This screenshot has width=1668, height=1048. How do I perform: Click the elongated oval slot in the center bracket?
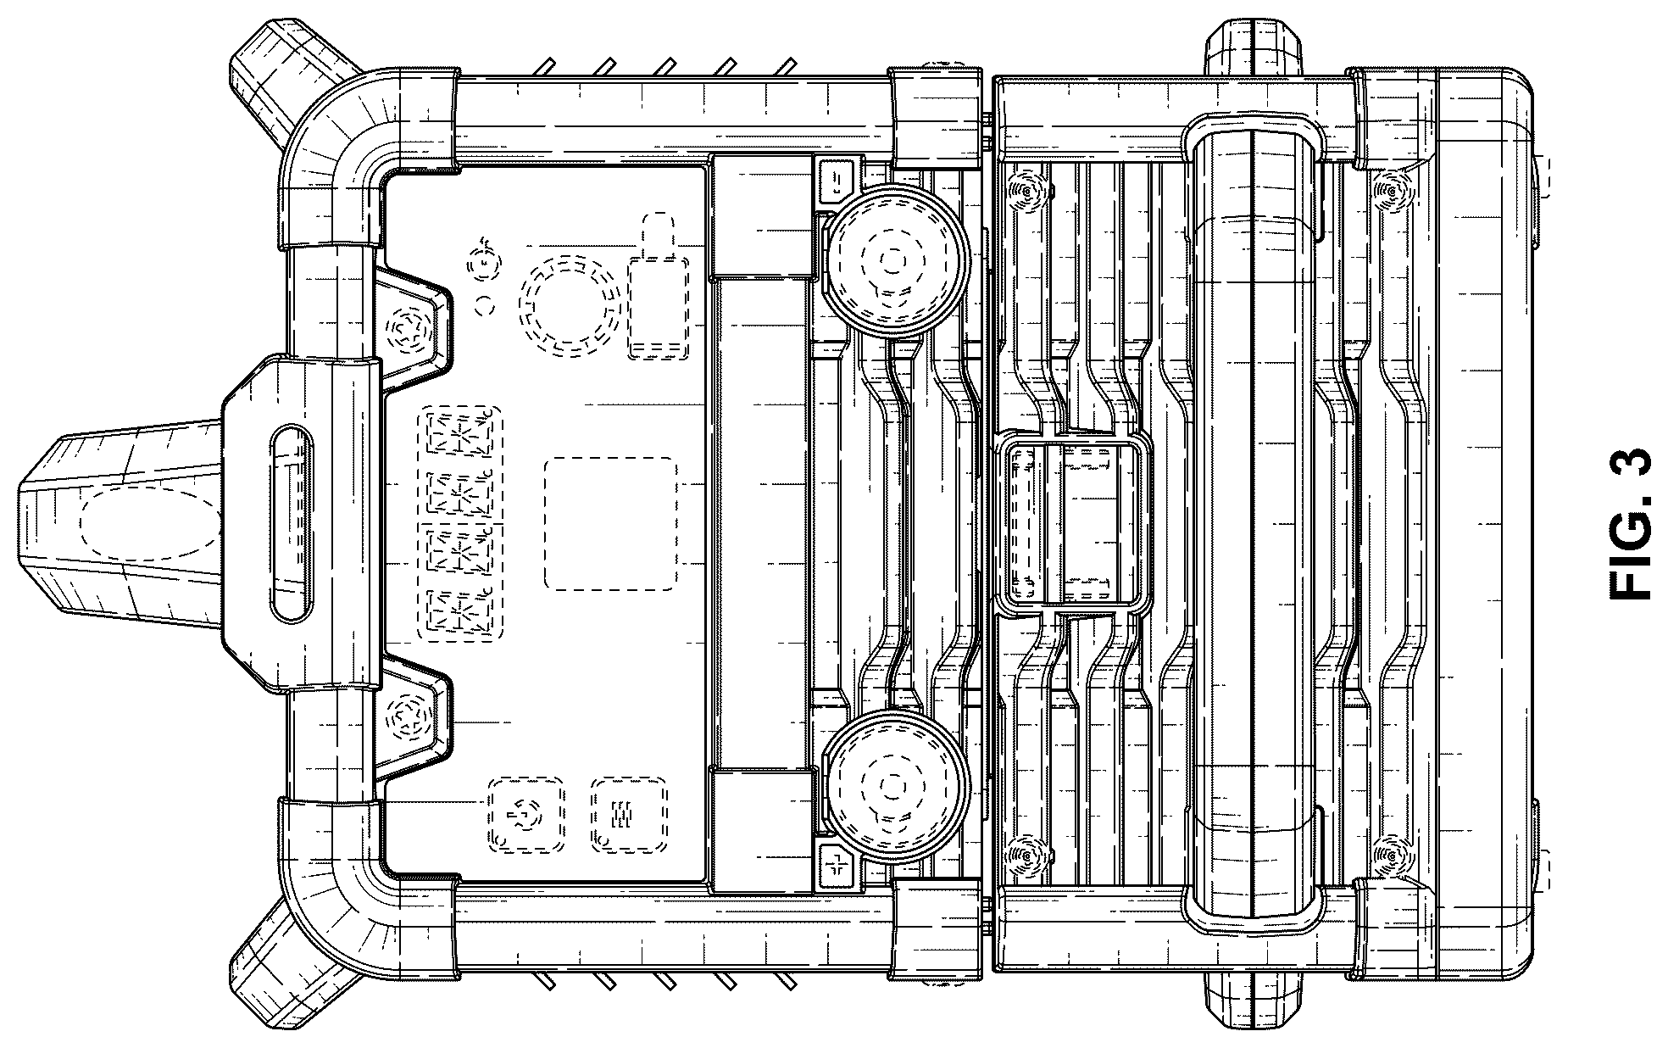click(291, 524)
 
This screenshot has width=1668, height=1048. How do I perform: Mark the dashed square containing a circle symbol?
click(525, 815)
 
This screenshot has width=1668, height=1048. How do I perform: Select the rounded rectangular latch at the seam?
click(1075, 525)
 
